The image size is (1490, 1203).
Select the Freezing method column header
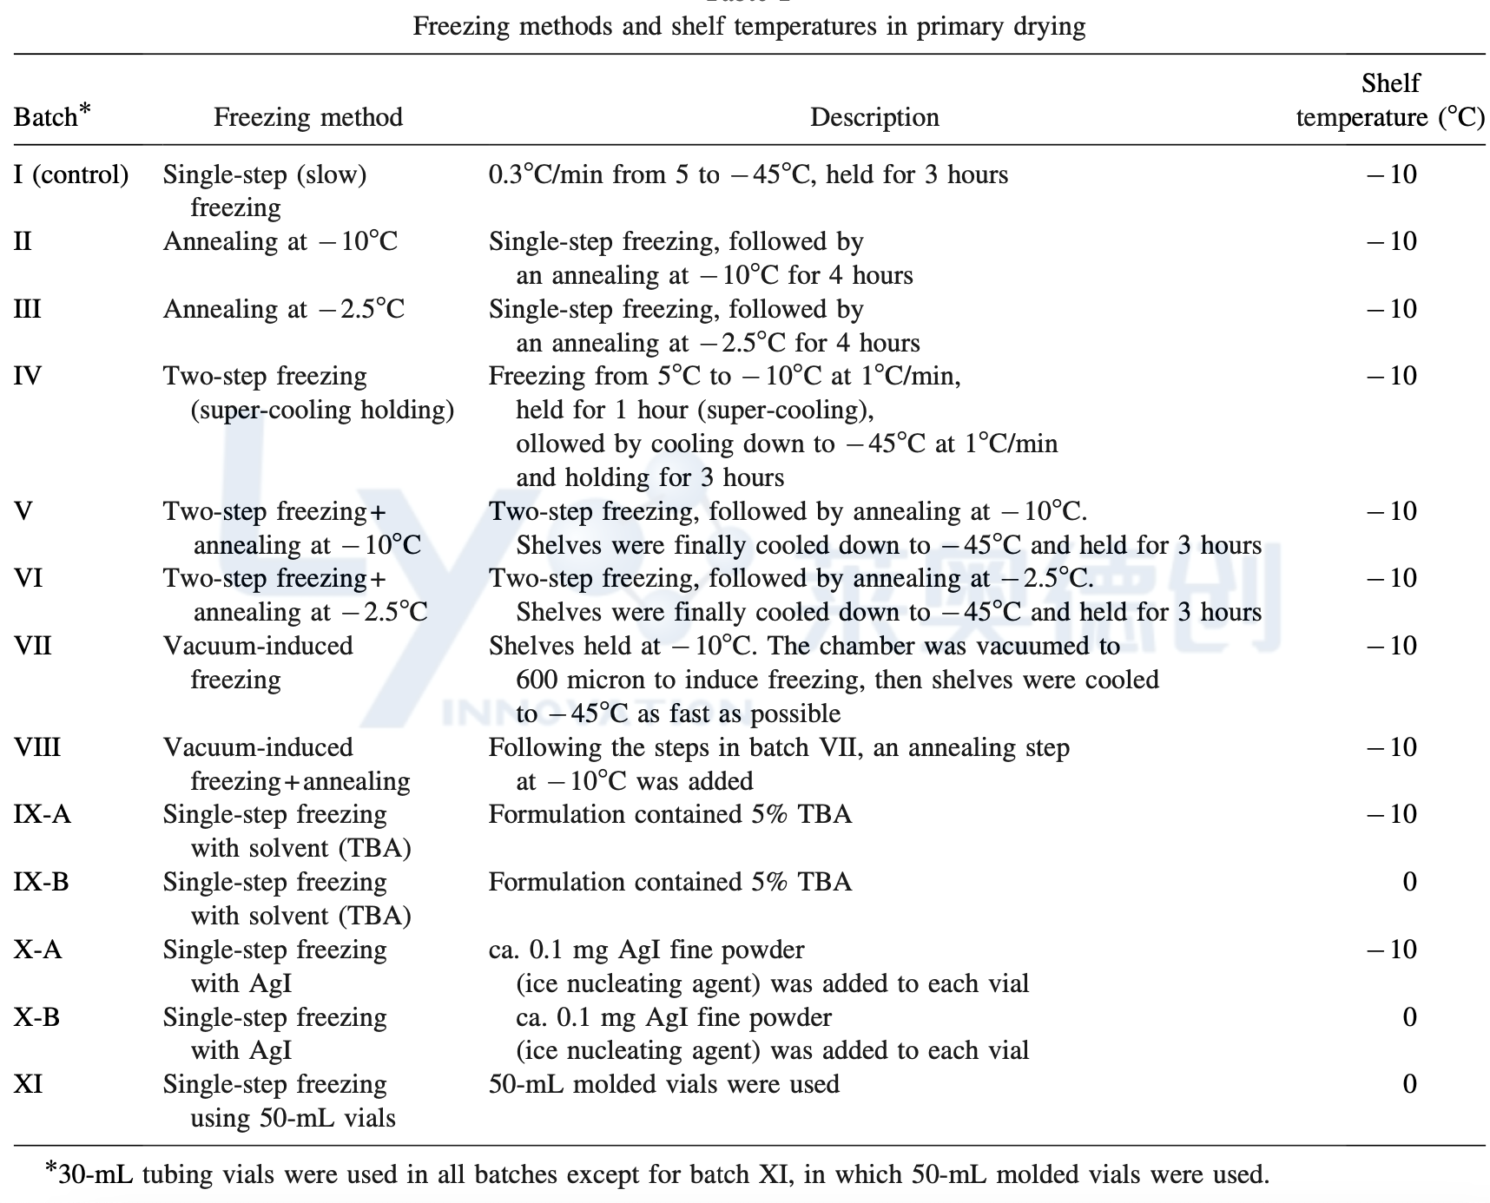308,117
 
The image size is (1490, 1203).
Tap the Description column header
874,117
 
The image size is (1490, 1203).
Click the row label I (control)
71,174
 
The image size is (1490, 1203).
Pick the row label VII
33,646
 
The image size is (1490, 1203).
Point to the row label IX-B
42,882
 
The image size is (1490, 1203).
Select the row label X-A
38,950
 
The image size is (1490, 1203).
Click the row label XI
29,1084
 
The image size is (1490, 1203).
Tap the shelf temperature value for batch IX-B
1409,882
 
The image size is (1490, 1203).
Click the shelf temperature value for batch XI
1409,1084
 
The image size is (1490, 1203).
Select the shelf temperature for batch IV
1392,376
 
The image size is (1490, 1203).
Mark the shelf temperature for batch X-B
1409,1017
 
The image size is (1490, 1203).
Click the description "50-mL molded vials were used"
664,1084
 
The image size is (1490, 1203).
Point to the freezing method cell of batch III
284,309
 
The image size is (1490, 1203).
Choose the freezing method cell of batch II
280,241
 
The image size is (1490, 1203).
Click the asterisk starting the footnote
51,1169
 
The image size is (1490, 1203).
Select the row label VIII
37,747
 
